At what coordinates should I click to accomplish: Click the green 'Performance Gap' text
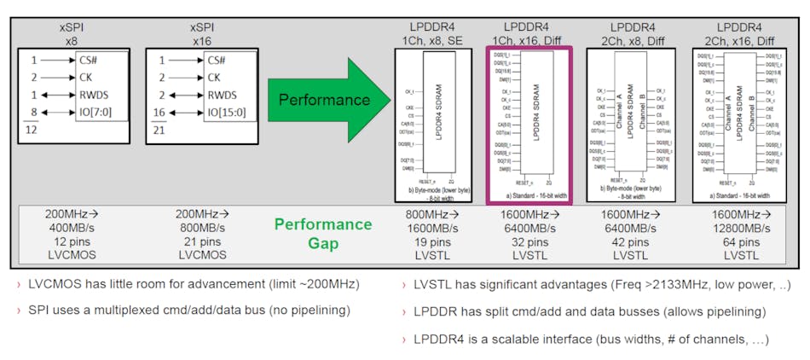point(323,233)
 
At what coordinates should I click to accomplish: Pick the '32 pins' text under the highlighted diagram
point(527,242)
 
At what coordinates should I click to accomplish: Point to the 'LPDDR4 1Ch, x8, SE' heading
point(435,33)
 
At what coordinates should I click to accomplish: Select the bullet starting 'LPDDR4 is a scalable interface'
point(589,339)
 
